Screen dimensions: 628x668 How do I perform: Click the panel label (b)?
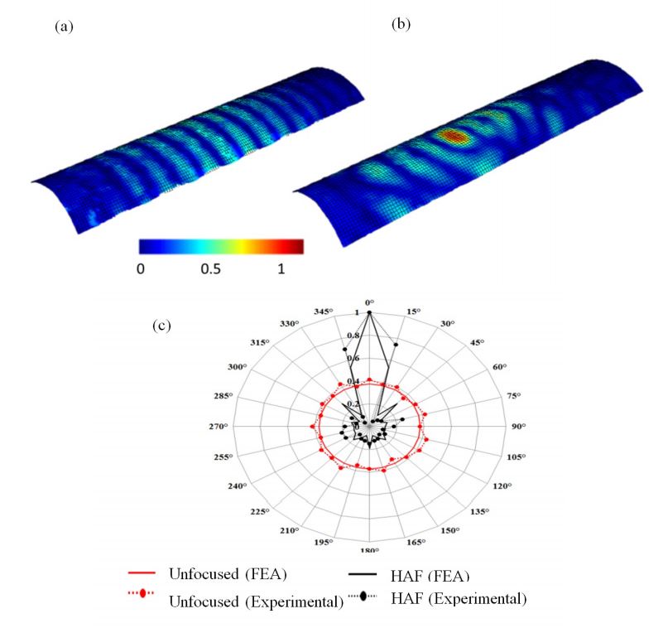(x=401, y=24)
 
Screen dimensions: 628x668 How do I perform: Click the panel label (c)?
(x=161, y=324)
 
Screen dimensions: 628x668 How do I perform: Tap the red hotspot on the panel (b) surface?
(x=454, y=136)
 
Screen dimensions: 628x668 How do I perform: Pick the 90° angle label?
(x=520, y=427)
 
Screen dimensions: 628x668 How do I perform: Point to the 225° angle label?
(x=259, y=512)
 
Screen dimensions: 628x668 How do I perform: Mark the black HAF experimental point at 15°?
(x=396, y=344)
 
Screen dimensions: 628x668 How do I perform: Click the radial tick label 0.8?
(x=353, y=336)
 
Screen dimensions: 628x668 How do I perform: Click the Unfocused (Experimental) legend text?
(x=256, y=601)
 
